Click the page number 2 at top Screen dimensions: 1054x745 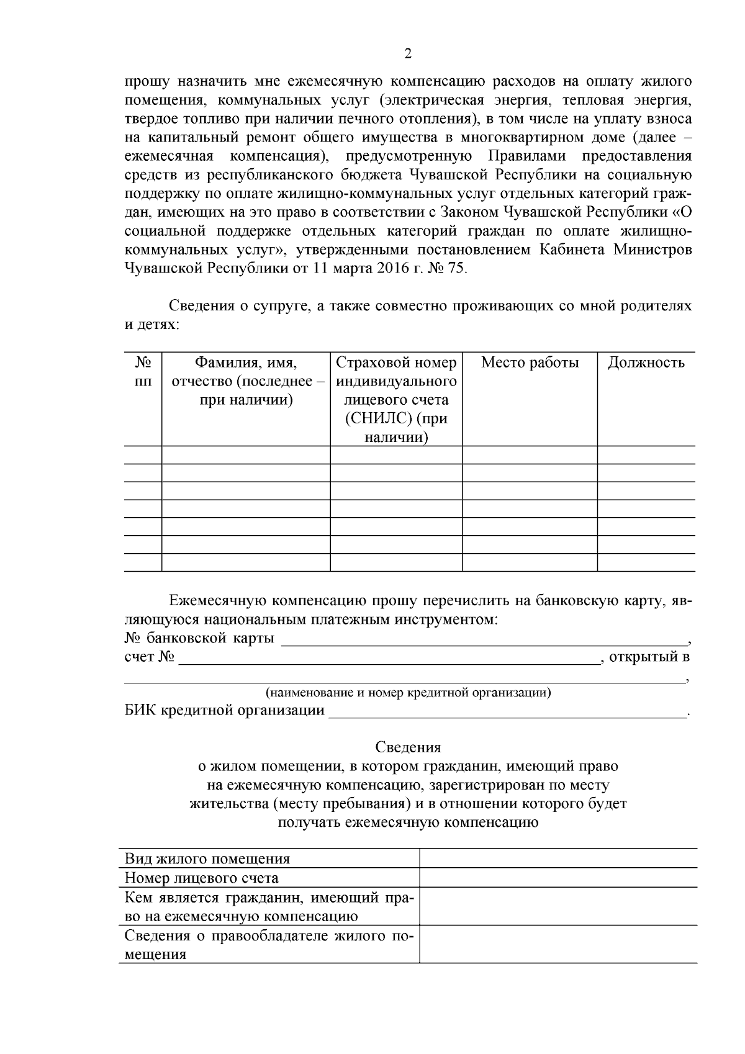click(x=408, y=54)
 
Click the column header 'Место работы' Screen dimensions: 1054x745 click(x=530, y=363)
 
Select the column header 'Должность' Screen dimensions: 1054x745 click(x=646, y=363)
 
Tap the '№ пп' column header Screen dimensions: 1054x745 click(x=143, y=371)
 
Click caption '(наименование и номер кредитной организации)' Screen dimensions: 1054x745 click(x=408, y=692)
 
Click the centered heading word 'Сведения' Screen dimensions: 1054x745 click(x=408, y=747)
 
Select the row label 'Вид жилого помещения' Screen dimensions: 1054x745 click(x=207, y=859)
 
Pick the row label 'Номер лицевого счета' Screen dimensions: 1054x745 click(x=201, y=878)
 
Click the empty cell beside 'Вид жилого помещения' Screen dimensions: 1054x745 click(x=558, y=858)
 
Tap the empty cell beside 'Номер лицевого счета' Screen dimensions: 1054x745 click(x=558, y=878)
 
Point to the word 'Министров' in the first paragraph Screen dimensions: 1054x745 click(x=652, y=250)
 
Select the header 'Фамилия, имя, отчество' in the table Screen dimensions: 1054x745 click(x=246, y=381)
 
